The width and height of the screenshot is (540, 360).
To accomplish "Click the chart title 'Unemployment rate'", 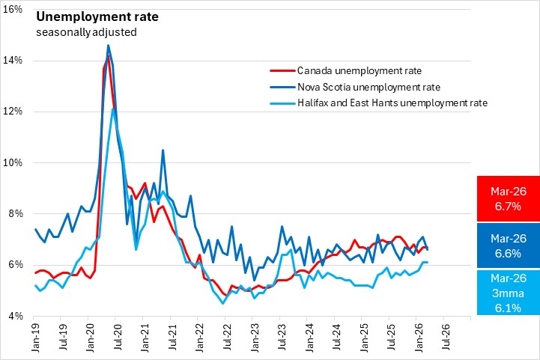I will click(84, 16).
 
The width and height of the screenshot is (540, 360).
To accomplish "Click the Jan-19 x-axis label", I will click(35, 335).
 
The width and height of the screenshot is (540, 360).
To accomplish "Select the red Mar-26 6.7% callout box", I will click(508, 198).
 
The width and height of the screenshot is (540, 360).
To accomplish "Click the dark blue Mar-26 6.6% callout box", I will click(508, 245).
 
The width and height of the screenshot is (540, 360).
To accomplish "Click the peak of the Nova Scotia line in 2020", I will click(108, 45).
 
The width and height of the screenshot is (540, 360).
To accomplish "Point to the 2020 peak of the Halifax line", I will click(112, 109).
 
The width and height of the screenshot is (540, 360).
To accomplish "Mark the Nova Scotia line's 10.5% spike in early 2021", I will click(163, 150).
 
